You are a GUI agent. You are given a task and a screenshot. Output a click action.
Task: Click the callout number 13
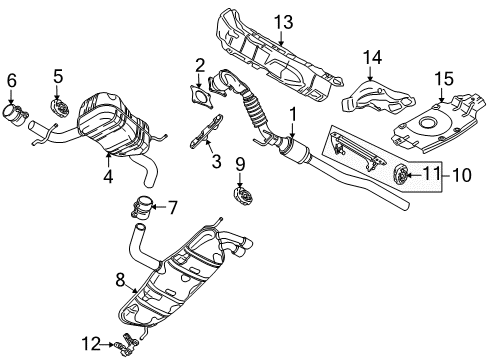coord(284,22)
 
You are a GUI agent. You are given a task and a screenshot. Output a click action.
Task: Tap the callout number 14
coord(372,57)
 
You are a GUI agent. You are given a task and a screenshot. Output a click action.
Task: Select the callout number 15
coord(444,79)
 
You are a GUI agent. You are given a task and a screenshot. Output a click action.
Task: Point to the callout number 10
coord(462,175)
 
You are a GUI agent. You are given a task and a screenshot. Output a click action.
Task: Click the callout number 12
coord(91,344)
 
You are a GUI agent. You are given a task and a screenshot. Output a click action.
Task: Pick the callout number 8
coord(120,279)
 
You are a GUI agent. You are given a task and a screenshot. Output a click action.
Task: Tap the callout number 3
coord(216,162)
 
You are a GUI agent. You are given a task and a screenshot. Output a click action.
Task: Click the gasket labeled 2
coord(201,97)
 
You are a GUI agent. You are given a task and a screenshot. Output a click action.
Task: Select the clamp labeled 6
coord(15,116)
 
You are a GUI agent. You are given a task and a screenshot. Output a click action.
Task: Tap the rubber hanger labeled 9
coord(243,196)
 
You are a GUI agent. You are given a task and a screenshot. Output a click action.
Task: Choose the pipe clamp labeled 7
coord(141,208)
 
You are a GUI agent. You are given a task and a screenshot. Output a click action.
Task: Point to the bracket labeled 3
coord(207,131)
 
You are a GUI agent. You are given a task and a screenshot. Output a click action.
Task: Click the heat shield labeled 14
coord(377,95)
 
